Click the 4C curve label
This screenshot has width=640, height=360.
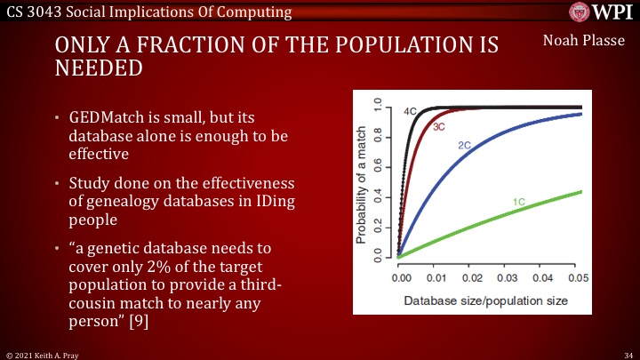click(x=410, y=112)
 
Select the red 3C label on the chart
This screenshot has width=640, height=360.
click(x=439, y=127)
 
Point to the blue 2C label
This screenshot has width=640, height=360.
click(x=464, y=145)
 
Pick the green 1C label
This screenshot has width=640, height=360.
click(x=519, y=203)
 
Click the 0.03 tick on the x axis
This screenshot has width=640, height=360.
click(x=507, y=278)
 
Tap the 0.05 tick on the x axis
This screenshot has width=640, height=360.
click(x=578, y=278)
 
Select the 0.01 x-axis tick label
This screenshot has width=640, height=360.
click(x=435, y=278)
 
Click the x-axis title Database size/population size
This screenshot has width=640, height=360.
click(x=485, y=300)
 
